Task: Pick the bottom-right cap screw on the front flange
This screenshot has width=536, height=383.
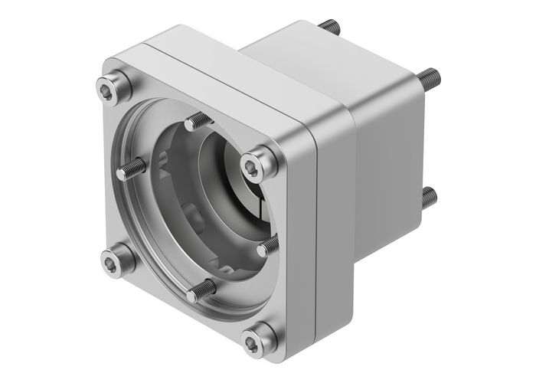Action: tap(257, 336)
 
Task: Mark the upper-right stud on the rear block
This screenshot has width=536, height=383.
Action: tap(430, 76)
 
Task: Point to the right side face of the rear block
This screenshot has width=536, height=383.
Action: tap(391, 146)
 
